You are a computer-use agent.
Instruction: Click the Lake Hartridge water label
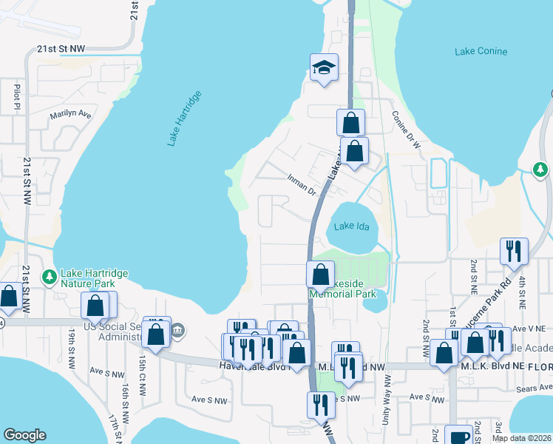[x=185, y=118]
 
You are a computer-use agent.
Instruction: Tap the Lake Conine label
[x=481, y=51]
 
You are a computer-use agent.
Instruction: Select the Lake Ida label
[x=350, y=226]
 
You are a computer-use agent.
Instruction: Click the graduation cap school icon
[x=324, y=68]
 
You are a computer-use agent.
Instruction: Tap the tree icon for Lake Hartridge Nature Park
[x=50, y=277]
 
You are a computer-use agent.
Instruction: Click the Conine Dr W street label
[x=406, y=130]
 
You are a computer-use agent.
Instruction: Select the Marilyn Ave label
[x=70, y=115]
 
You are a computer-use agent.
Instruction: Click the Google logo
[x=24, y=434]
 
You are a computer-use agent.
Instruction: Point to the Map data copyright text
[x=521, y=438]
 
